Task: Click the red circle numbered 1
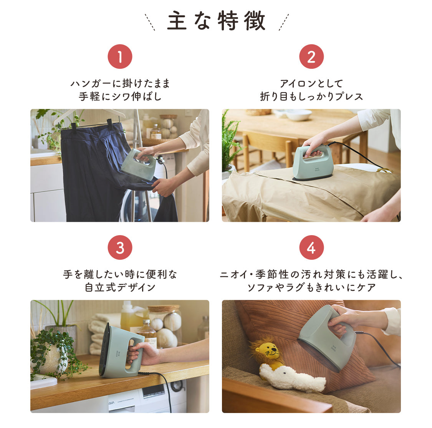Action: coord(120,57)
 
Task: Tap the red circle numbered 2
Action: coord(311,57)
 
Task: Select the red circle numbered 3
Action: coord(120,248)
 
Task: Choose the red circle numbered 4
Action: coord(311,248)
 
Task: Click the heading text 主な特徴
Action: coord(216,21)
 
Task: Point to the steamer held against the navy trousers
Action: coord(139,166)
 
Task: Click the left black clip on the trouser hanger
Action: coord(73,126)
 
